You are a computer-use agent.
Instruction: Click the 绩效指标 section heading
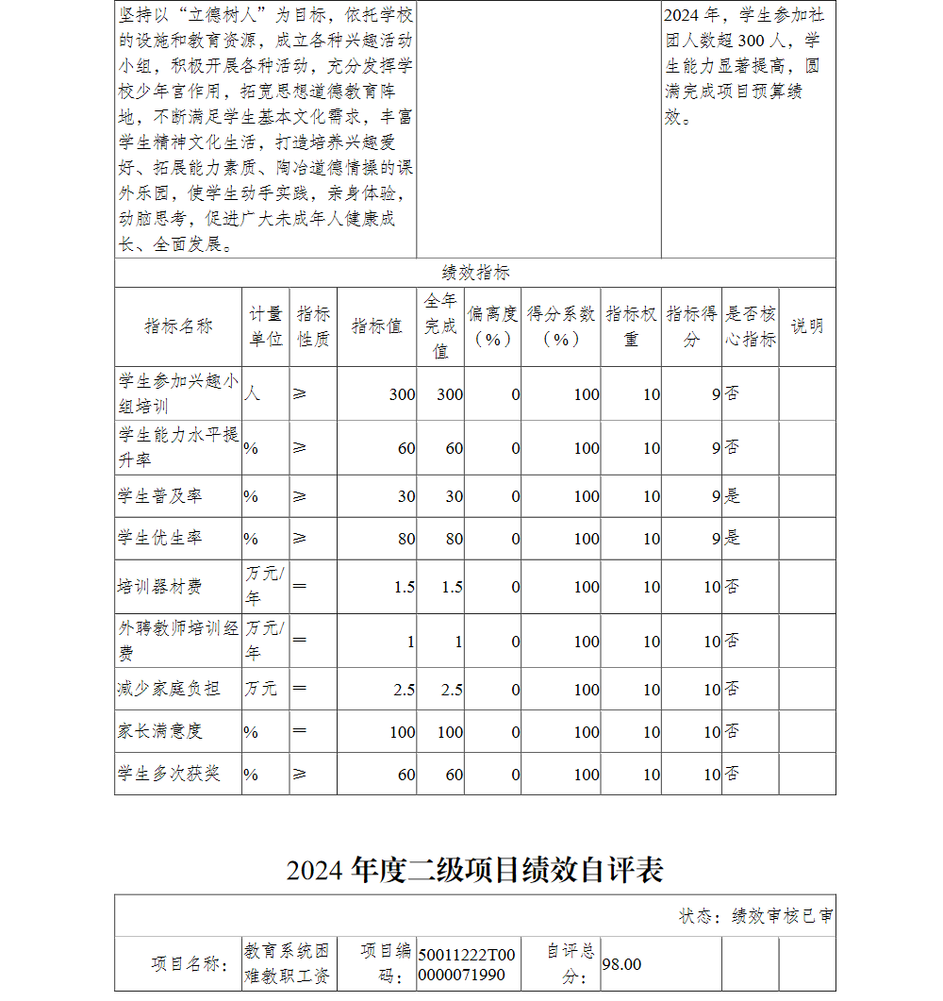pyautogui.click(x=475, y=273)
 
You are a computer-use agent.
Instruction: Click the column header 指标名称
pyautogui.click(x=178, y=326)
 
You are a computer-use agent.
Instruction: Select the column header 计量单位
pyautogui.click(x=266, y=326)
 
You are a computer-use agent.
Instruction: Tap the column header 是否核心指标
pyautogui.click(x=751, y=326)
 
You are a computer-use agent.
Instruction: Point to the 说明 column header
pyautogui.click(x=806, y=326)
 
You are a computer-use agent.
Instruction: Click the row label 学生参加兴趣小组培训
pyautogui.click(x=178, y=393)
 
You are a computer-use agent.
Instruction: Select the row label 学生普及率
pyautogui.click(x=159, y=496)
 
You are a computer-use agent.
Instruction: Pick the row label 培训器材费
pyautogui.click(x=159, y=587)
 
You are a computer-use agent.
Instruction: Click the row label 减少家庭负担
pyautogui.click(x=169, y=690)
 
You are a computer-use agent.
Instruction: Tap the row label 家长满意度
pyautogui.click(x=159, y=731)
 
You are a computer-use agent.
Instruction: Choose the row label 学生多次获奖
pyautogui.click(x=169, y=774)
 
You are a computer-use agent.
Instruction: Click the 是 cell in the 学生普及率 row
pyautogui.click(x=733, y=496)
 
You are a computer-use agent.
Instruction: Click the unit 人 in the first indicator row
pyautogui.click(x=252, y=393)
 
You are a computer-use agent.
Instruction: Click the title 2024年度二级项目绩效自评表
pyautogui.click(x=474, y=869)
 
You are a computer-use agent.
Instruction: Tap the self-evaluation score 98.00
pyautogui.click(x=621, y=964)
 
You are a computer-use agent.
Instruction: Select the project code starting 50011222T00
pyautogui.click(x=467, y=964)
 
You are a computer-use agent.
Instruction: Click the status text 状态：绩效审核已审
pyautogui.click(x=755, y=916)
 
